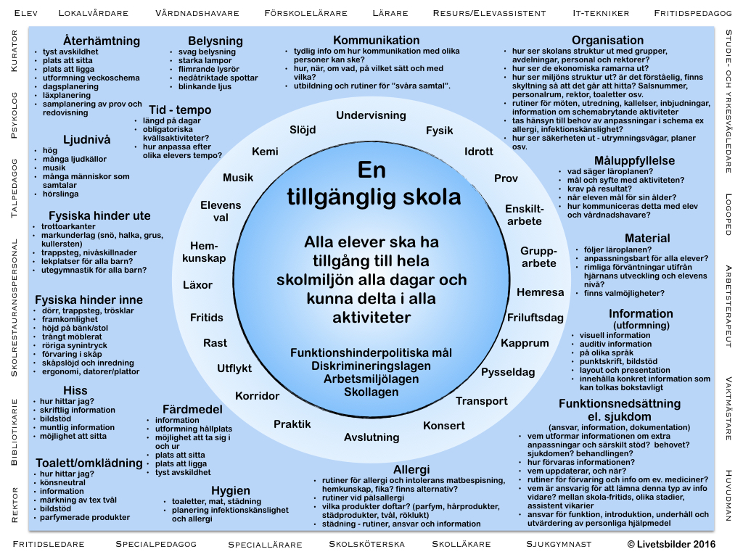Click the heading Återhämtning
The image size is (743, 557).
[91, 40]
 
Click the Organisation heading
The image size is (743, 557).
[607, 41]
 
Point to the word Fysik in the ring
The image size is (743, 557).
[439, 131]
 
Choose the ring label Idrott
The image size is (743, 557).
[479, 152]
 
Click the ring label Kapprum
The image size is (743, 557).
[525, 343]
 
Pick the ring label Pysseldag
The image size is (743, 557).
[508, 372]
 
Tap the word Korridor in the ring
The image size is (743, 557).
[257, 396]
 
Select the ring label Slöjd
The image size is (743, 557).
[303, 130]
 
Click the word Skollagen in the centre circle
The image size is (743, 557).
[371, 392]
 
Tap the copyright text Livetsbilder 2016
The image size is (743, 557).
[671, 544]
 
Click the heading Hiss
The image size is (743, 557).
[75, 390]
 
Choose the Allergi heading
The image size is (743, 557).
[411, 469]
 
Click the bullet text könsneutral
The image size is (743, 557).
[63, 482]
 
